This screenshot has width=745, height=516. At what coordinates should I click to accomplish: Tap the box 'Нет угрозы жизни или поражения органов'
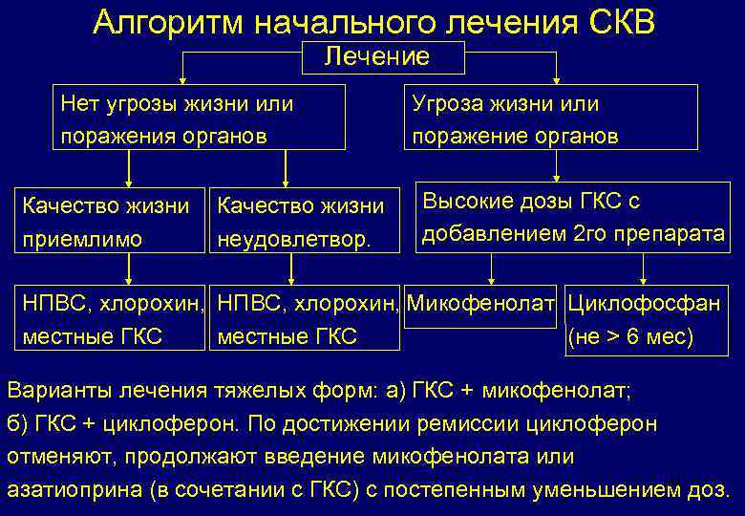tap(200, 118)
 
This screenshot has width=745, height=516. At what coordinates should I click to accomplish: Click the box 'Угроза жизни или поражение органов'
tap(551, 118)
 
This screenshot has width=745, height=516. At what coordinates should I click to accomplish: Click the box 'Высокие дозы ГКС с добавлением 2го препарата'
tap(571, 217)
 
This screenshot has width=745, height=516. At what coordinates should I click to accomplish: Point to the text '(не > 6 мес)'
tap(630, 336)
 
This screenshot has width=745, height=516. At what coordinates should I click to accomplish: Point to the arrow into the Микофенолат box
tap(491, 272)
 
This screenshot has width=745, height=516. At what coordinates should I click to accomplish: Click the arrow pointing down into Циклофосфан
tap(644, 272)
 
